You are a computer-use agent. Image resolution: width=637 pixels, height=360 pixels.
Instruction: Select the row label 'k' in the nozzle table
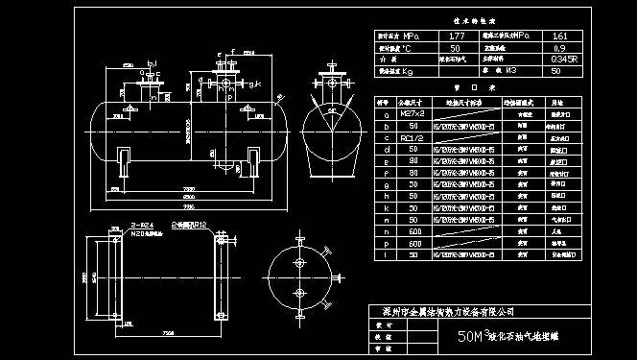click(385, 207)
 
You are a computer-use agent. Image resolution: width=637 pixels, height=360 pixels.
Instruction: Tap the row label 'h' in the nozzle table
click(385, 196)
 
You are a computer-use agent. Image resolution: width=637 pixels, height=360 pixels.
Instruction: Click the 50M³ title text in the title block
click(473, 337)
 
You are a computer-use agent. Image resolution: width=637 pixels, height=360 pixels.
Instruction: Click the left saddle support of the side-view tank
click(125, 158)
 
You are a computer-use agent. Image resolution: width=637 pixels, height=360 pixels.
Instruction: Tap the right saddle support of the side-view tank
click(250, 158)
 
